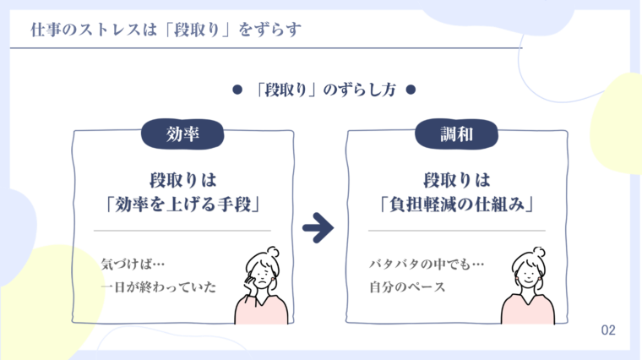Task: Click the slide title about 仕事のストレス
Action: (165, 30)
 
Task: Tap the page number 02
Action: (608, 330)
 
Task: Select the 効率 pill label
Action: (182, 133)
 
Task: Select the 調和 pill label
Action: (457, 133)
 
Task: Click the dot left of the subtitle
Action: (237, 90)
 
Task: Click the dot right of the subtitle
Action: (411, 90)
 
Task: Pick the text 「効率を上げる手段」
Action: (182, 204)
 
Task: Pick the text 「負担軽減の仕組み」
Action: (457, 204)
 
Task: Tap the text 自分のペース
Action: (407, 287)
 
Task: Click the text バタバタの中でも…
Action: (426, 264)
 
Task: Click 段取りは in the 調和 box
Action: (457, 180)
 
